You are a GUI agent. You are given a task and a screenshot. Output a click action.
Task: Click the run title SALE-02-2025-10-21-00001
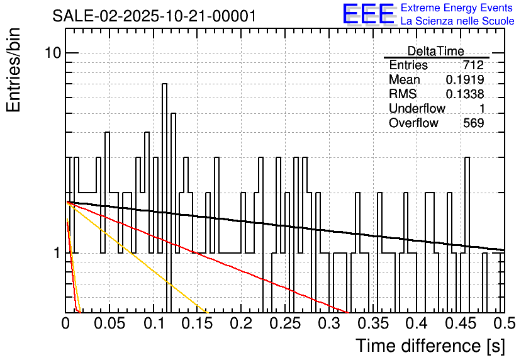coord(155,16)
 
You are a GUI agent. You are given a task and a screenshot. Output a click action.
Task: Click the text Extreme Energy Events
coord(457,8)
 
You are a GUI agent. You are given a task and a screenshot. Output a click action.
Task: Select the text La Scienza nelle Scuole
coord(457,21)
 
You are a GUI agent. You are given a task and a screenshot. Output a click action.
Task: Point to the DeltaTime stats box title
coord(435,51)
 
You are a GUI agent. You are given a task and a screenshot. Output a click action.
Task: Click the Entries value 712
coord(473,65)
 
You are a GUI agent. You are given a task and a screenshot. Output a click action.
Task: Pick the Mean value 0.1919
coord(465,80)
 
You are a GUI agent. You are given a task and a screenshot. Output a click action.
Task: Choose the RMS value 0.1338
coord(465,94)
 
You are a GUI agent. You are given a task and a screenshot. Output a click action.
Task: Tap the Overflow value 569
coord(473,123)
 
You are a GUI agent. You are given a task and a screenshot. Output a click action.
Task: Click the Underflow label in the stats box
coord(417,109)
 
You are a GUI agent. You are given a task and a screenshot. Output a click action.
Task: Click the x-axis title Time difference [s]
coord(430,346)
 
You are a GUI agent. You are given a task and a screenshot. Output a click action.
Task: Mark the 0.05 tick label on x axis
coord(109,323)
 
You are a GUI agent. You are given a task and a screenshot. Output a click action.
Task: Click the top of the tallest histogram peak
coord(165,84)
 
